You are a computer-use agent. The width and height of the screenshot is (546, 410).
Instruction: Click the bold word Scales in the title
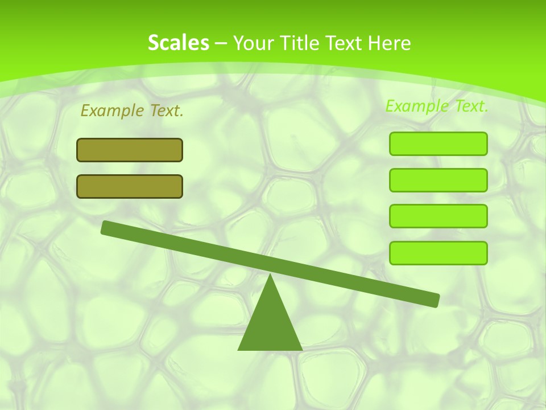coord(178,43)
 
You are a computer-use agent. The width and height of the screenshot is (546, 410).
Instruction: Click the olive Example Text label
coord(132,110)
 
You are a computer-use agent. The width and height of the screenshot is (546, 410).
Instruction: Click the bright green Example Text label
coord(437,106)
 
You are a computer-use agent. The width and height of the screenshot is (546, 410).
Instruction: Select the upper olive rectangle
coord(130,150)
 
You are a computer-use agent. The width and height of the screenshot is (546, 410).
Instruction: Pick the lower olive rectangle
coord(130,186)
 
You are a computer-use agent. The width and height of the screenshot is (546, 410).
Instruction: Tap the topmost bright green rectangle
coord(438,143)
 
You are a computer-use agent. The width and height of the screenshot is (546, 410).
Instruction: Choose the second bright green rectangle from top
coord(438,180)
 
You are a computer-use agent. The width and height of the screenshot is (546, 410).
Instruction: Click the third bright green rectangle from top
coord(438,216)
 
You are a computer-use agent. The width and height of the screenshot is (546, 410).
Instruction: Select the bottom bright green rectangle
coord(438,253)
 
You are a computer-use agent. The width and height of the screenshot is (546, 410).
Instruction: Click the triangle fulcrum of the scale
coord(270,325)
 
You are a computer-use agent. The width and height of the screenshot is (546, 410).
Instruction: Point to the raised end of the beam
coord(106,227)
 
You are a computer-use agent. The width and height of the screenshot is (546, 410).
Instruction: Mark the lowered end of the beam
coord(435,300)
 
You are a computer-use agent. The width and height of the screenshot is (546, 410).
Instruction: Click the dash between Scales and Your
coord(221,43)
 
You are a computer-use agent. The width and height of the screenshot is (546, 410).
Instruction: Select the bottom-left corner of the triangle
coord(239,349)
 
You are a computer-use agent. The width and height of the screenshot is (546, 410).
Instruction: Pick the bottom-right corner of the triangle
coord(301,349)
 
